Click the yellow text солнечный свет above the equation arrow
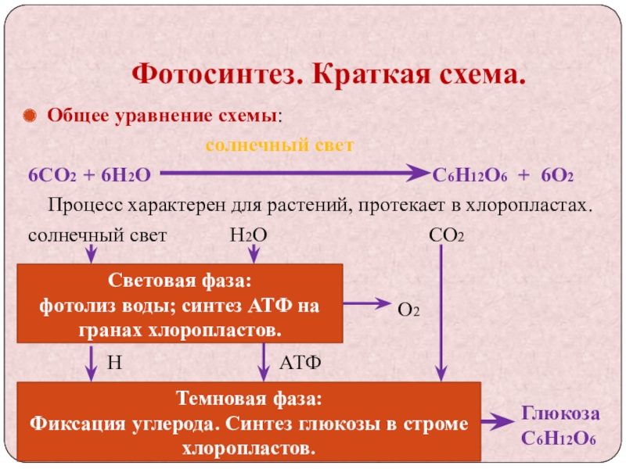click(279, 145)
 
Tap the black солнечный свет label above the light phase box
click(98, 235)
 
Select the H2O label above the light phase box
click(250, 235)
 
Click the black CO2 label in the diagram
click(447, 235)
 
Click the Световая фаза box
click(180, 304)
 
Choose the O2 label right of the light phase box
click(409, 310)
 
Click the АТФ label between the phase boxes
click(300, 364)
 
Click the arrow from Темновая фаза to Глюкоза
click(496, 423)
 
